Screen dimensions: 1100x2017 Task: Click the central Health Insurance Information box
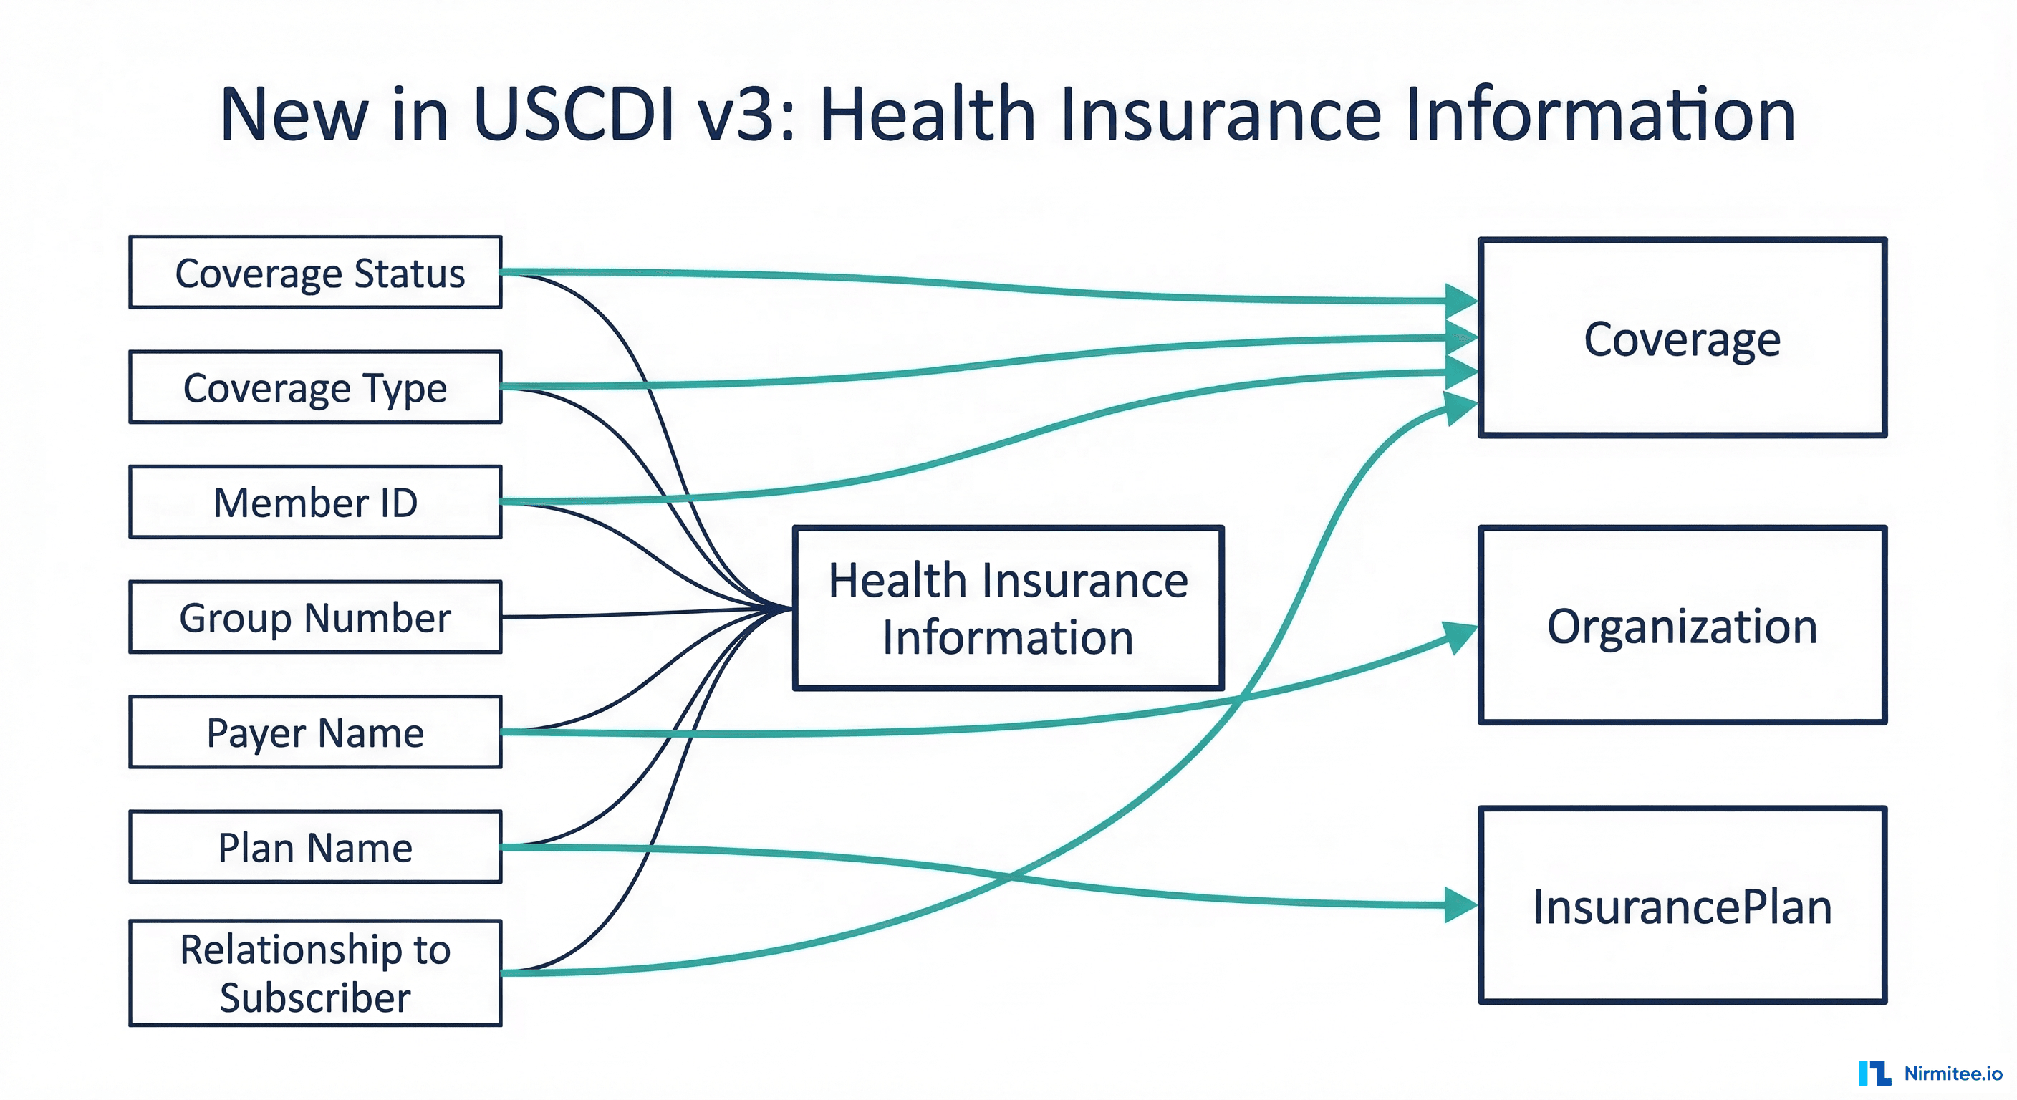(1008, 608)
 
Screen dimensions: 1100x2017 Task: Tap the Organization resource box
(1682, 625)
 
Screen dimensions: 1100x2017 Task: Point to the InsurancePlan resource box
(1682, 906)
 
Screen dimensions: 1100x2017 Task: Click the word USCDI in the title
(573, 115)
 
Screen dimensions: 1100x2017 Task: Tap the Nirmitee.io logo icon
(1874, 1073)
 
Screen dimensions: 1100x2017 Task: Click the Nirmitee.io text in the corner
(1953, 1074)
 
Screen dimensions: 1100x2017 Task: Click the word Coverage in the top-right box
(1682, 339)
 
